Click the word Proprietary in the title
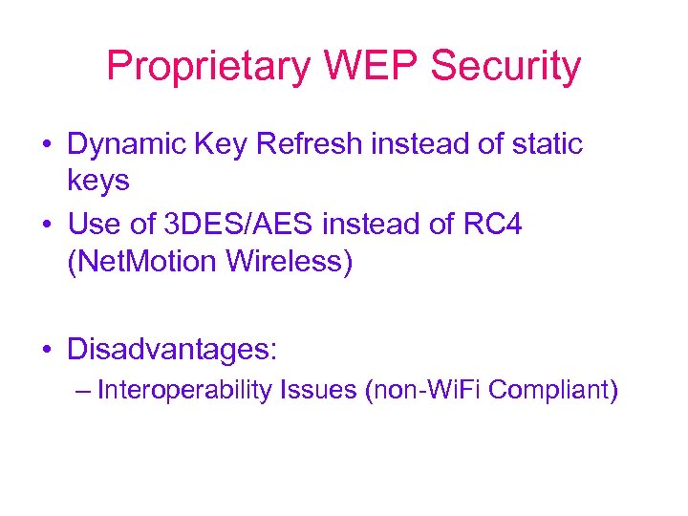(209, 67)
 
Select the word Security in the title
(505, 67)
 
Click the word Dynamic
(123, 145)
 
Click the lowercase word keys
(98, 181)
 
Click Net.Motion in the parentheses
(142, 261)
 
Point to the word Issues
(318, 391)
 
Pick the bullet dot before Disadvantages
(46, 350)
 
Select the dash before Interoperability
(82, 392)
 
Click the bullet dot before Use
(46, 226)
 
